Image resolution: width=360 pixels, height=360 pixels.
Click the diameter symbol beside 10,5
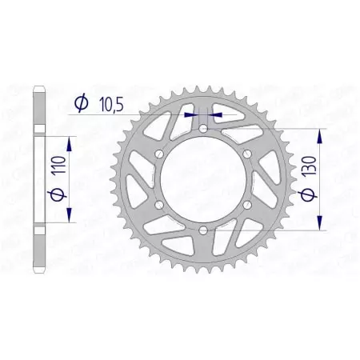pos(81,102)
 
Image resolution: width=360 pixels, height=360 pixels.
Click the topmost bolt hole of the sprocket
pos(204,128)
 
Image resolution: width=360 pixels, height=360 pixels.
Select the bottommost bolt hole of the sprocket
pos(204,231)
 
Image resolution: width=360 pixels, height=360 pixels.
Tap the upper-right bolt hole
pos(248,154)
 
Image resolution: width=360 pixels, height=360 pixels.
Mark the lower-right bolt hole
pos(248,206)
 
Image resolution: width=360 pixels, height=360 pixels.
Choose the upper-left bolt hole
pos(159,154)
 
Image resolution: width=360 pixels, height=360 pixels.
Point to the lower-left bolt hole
pos(159,206)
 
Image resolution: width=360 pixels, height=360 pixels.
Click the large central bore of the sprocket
pos(204,179)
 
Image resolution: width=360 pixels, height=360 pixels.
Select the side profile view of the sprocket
pos(38,179)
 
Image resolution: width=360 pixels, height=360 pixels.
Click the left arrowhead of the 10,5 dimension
pos(192,114)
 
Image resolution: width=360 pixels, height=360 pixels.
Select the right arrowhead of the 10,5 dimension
pos(216,114)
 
